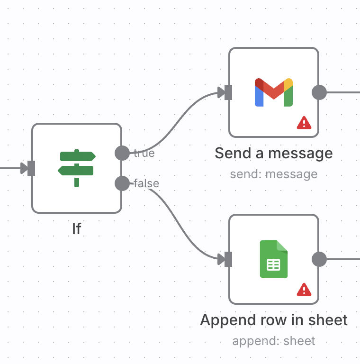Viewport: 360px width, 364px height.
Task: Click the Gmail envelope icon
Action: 274,92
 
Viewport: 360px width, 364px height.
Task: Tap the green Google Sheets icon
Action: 274,259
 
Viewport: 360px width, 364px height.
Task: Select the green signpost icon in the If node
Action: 77,168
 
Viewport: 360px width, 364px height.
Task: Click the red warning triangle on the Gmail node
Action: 304,123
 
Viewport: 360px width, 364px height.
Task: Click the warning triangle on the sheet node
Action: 304,289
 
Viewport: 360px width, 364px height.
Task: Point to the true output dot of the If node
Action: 122,153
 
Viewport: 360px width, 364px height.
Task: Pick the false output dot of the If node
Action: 122,183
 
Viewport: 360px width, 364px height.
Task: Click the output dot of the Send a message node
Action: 319,92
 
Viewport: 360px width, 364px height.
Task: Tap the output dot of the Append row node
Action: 319,259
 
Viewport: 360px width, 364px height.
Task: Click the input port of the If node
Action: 31,168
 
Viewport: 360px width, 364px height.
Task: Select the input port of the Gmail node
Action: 228,92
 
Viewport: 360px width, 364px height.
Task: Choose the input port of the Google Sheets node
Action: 228,259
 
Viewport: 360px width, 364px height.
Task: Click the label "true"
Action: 144,153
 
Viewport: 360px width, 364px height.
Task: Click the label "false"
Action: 146,183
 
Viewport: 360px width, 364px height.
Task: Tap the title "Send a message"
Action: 274,153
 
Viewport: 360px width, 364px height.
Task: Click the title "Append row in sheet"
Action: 274,320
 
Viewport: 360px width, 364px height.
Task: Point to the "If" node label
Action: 77,229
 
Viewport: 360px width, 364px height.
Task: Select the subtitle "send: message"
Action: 274,174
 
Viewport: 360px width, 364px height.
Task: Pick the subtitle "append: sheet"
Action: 274,341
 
